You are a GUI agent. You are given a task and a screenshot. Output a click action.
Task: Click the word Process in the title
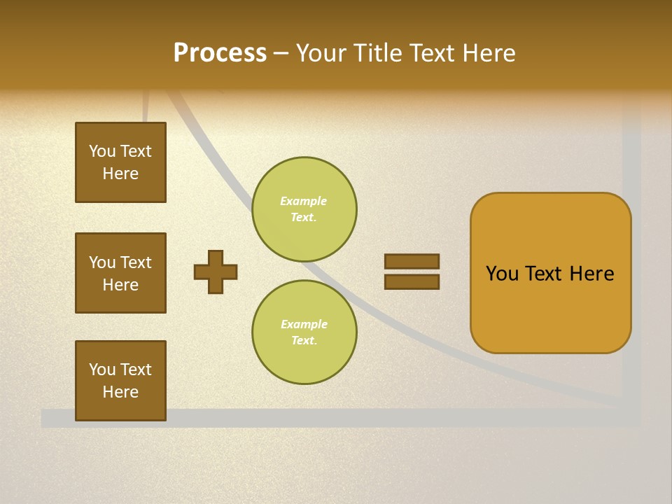(x=220, y=53)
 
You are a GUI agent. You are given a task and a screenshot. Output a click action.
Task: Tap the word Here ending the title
(x=484, y=53)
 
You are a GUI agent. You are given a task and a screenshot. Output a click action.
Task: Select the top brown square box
(x=120, y=162)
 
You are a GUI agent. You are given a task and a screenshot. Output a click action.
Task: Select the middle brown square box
(x=120, y=273)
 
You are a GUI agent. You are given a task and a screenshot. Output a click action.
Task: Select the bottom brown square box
(x=120, y=381)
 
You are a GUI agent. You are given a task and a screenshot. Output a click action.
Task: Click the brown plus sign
(x=216, y=272)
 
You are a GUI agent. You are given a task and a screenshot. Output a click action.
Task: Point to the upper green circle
(x=304, y=209)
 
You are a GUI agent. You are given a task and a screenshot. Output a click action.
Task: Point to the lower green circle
(x=304, y=332)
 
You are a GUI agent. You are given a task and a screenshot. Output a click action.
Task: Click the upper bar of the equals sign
(x=412, y=261)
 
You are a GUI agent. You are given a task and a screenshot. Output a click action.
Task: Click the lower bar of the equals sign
(x=412, y=282)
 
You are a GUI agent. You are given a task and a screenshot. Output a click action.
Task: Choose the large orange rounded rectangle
(x=550, y=273)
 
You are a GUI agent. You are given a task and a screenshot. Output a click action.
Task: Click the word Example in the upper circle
(x=303, y=202)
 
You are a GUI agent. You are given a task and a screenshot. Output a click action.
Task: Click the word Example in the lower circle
(x=304, y=325)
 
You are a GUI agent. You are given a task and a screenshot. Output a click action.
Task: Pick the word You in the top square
(x=101, y=151)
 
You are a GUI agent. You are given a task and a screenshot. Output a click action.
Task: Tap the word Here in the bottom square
(x=120, y=392)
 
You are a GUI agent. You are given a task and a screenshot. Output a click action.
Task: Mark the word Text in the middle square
(x=135, y=262)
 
